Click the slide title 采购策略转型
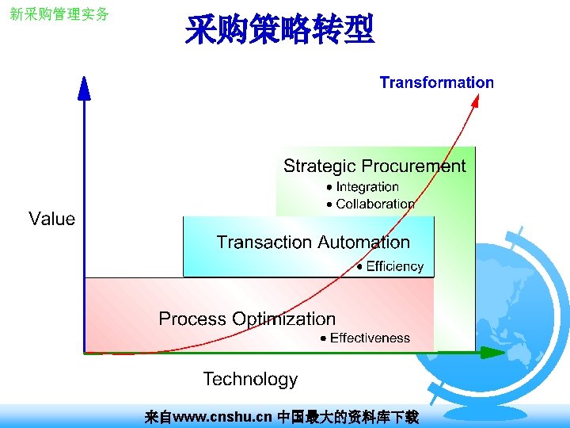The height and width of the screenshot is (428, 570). (279, 32)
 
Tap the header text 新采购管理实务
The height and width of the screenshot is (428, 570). (59, 14)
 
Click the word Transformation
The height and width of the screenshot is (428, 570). (436, 82)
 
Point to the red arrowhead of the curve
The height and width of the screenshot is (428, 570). (477, 99)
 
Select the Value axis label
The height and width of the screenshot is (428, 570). (51, 219)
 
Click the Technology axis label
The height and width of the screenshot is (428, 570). (250, 379)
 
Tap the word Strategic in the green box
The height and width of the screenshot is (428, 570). (319, 166)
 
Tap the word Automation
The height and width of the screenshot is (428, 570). (363, 243)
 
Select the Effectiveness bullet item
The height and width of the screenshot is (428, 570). (369, 338)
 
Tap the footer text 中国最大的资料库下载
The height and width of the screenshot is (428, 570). (348, 416)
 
